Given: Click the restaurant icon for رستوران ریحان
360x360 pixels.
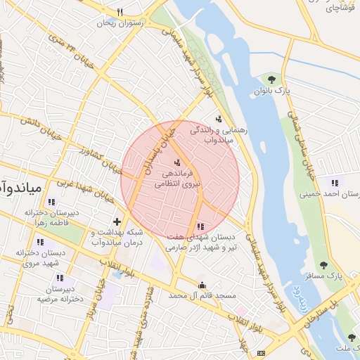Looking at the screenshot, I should tap(120, 12).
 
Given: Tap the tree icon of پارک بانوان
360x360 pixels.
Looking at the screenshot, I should tap(272, 79).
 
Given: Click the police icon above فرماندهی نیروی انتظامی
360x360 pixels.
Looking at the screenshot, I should tap(176, 162).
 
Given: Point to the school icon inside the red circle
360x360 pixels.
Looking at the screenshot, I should tap(202, 226).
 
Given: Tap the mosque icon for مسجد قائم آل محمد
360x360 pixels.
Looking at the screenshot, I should tap(202, 285).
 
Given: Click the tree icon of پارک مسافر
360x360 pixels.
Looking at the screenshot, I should tap(323, 265).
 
